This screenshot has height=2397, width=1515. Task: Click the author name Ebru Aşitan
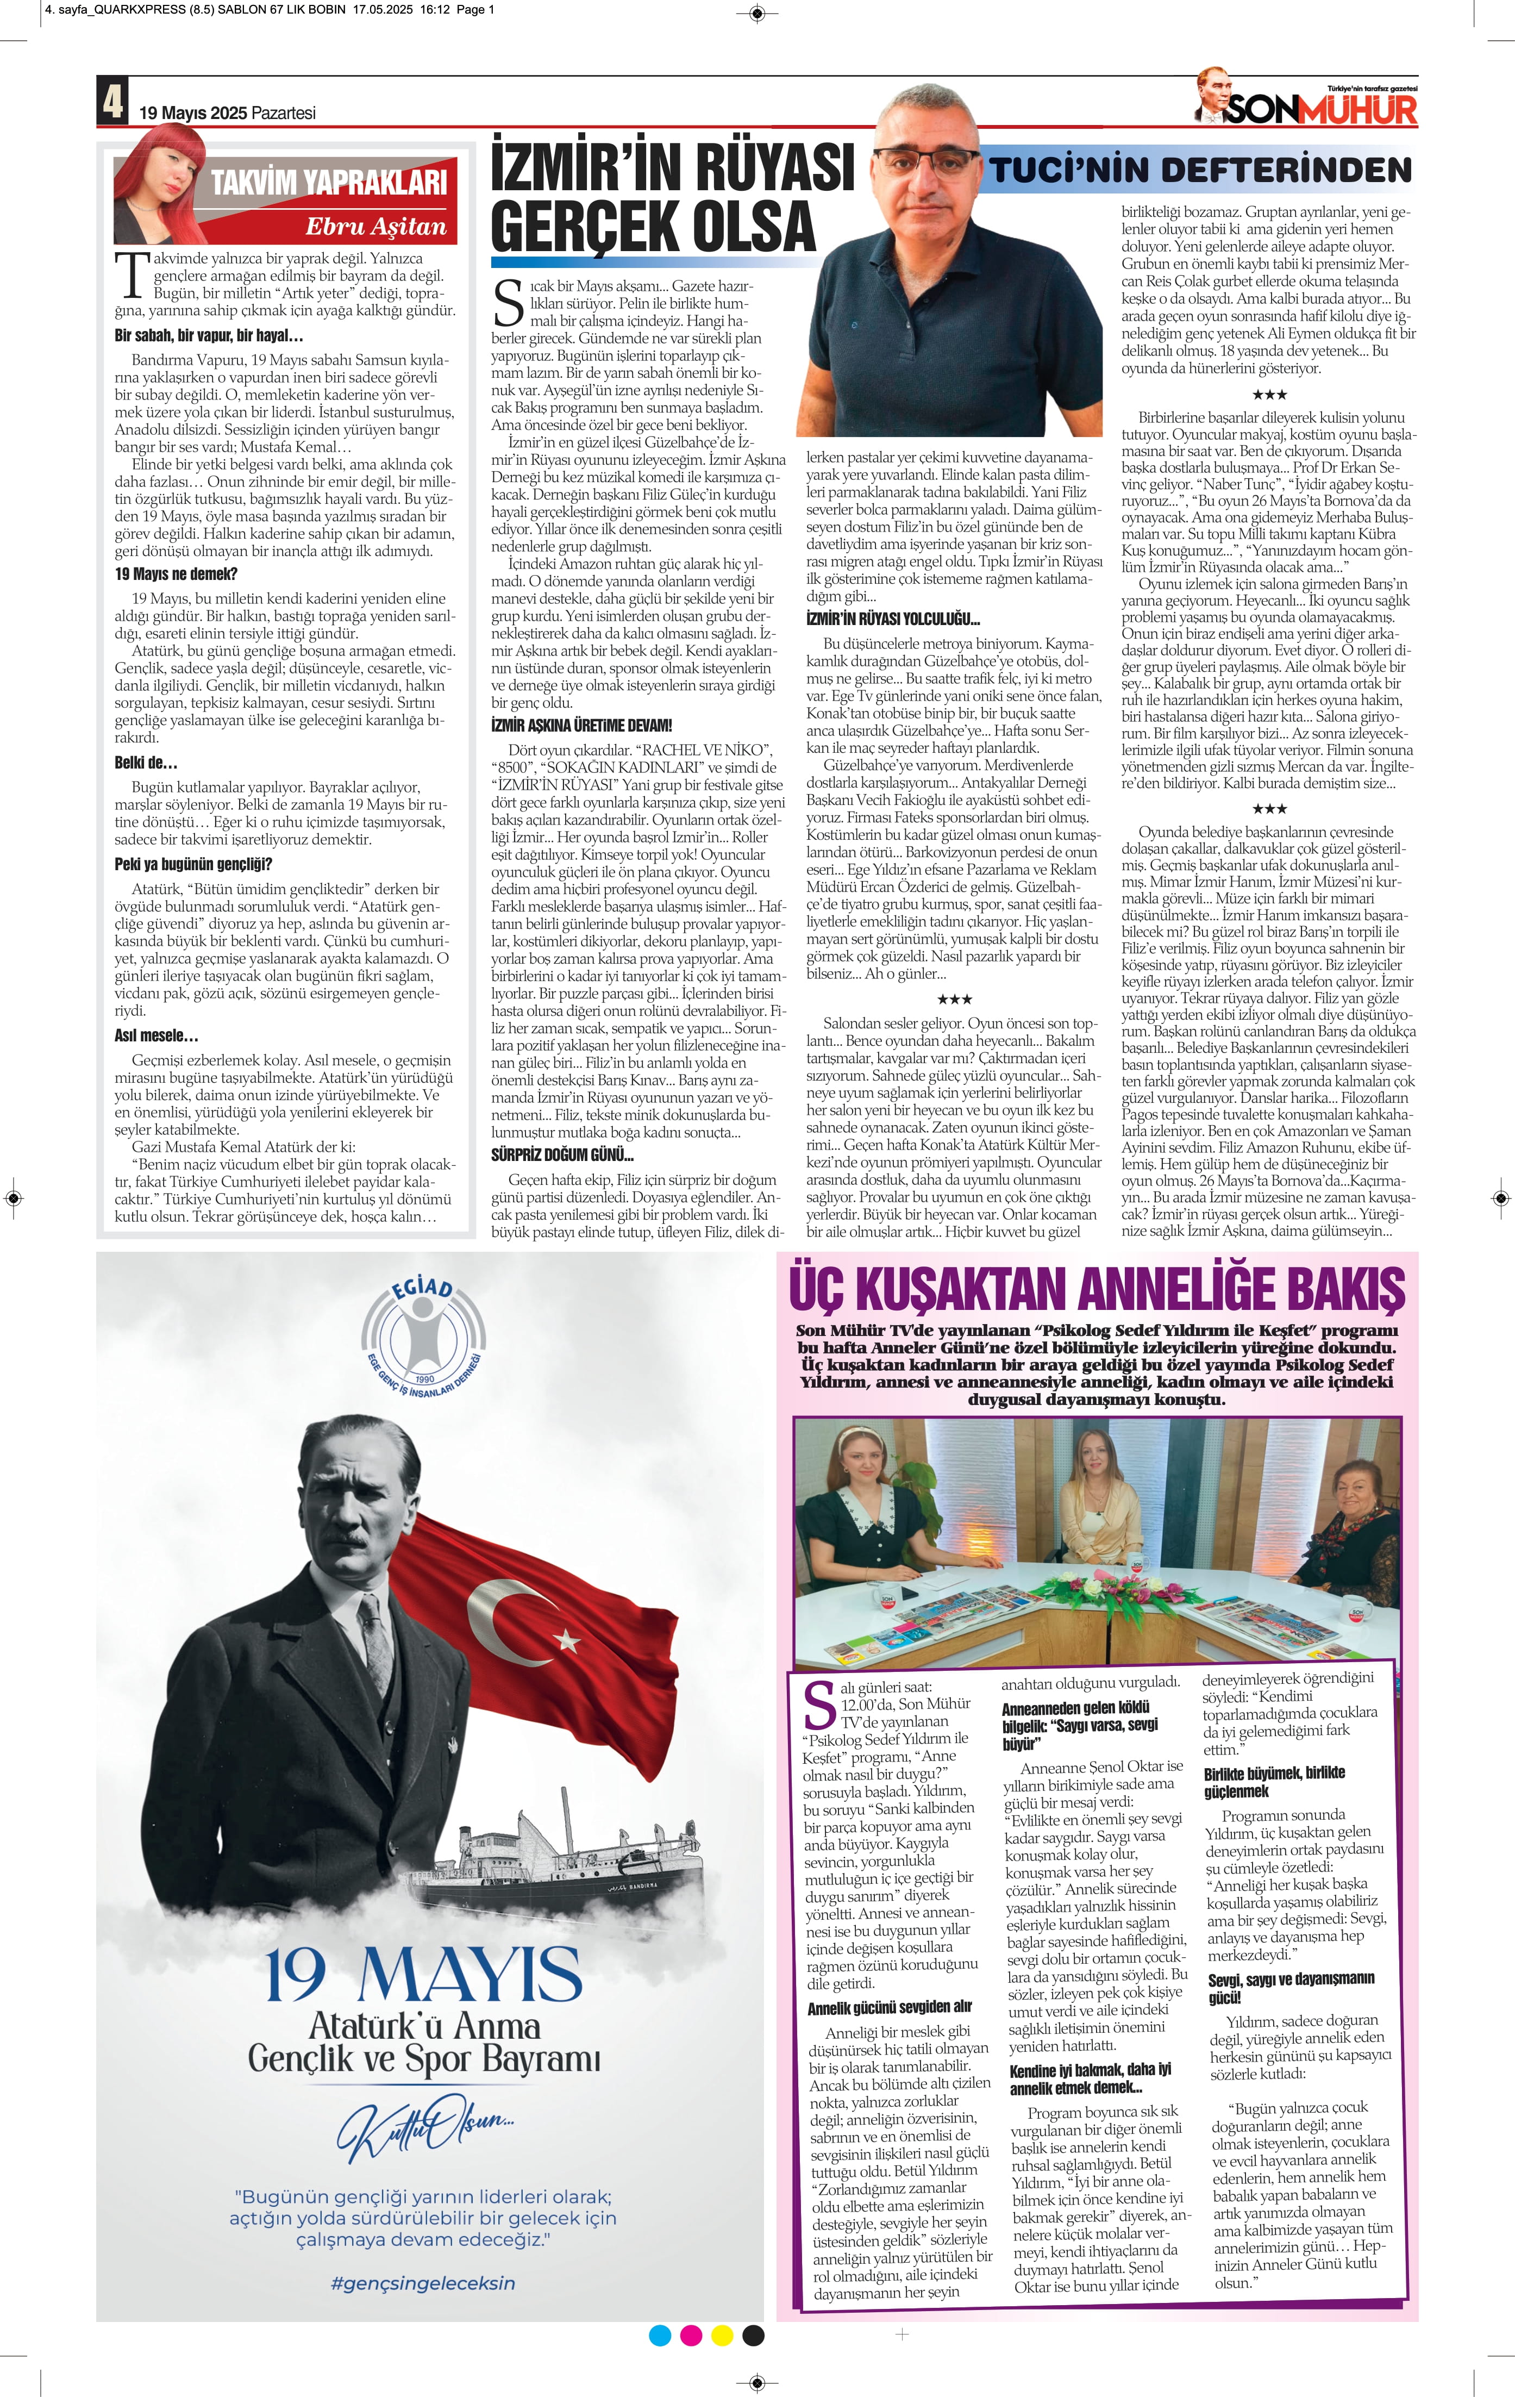[x=376, y=227]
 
